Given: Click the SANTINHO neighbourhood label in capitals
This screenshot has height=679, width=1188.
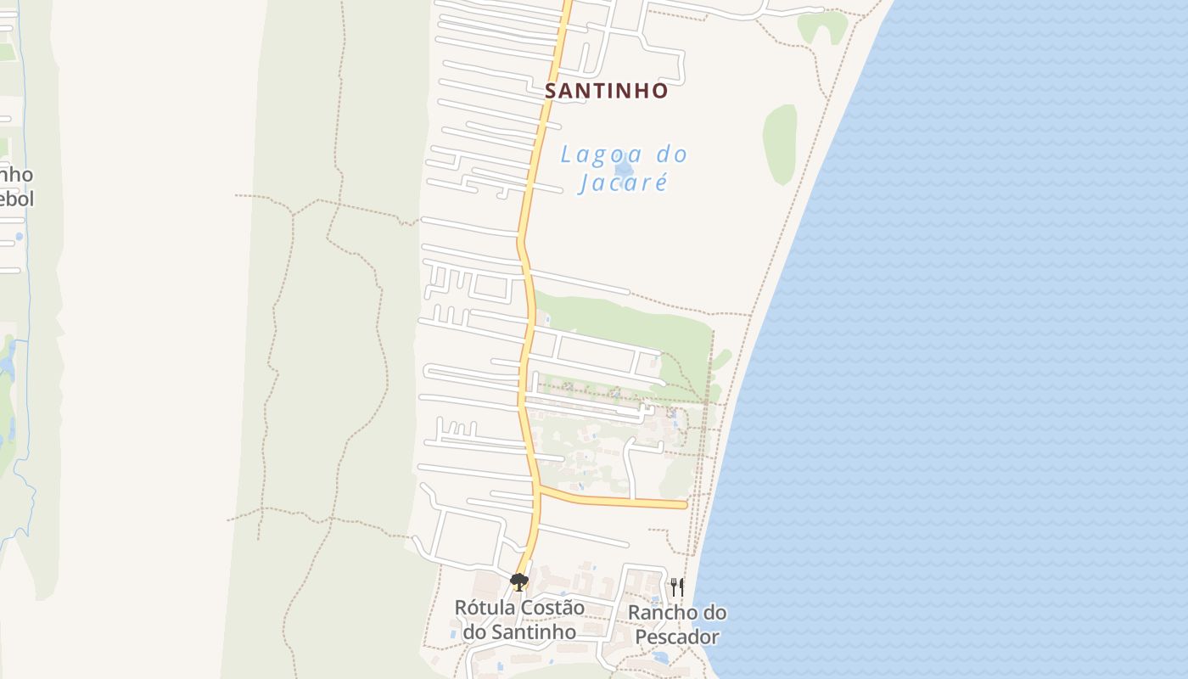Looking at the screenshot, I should pyautogui.click(x=606, y=91).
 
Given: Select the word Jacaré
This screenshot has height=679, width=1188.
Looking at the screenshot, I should pyautogui.click(x=623, y=182).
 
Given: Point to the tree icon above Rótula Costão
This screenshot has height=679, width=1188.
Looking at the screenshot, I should pyautogui.click(x=518, y=581).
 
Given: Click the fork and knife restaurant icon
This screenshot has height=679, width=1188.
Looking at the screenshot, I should pyautogui.click(x=676, y=586).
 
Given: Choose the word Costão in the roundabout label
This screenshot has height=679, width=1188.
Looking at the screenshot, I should pyautogui.click(x=553, y=608).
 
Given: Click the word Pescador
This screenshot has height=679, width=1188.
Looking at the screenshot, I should pyautogui.click(x=677, y=637).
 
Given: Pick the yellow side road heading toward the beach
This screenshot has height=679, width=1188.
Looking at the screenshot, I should pyautogui.click(x=611, y=500).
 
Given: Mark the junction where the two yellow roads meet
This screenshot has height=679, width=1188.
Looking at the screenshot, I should pyautogui.click(x=538, y=487).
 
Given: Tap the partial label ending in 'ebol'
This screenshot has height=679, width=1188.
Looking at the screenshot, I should pyautogui.click(x=17, y=199).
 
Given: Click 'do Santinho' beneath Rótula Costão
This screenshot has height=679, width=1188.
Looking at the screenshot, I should pyautogui.click(x=519, y=632).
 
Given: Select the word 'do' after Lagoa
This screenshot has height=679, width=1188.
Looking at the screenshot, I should pyautogui.click(x=670, y=155).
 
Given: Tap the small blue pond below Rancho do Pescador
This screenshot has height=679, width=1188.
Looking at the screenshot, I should pyautogui.click(x=661, y=657).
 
